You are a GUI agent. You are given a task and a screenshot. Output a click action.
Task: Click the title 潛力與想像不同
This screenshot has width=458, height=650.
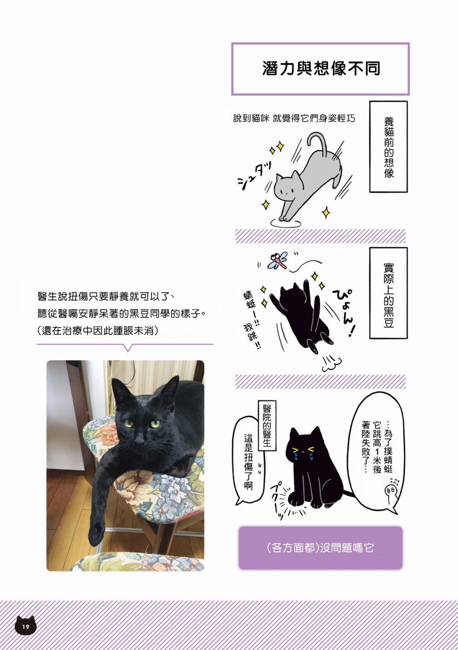tap(321, 68)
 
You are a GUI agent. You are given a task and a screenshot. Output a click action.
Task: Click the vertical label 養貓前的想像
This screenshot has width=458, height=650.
tap(389, 147)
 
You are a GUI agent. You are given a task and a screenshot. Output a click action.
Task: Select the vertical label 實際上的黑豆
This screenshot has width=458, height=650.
tap(389, 293)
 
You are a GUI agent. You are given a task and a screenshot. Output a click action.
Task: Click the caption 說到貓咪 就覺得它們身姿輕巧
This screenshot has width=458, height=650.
tap(294, 118)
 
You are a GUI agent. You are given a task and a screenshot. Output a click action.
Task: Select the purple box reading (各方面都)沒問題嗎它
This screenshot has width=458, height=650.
tap(320, 548)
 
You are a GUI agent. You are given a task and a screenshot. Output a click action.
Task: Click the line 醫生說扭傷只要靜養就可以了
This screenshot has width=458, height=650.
tap(106, 296)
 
